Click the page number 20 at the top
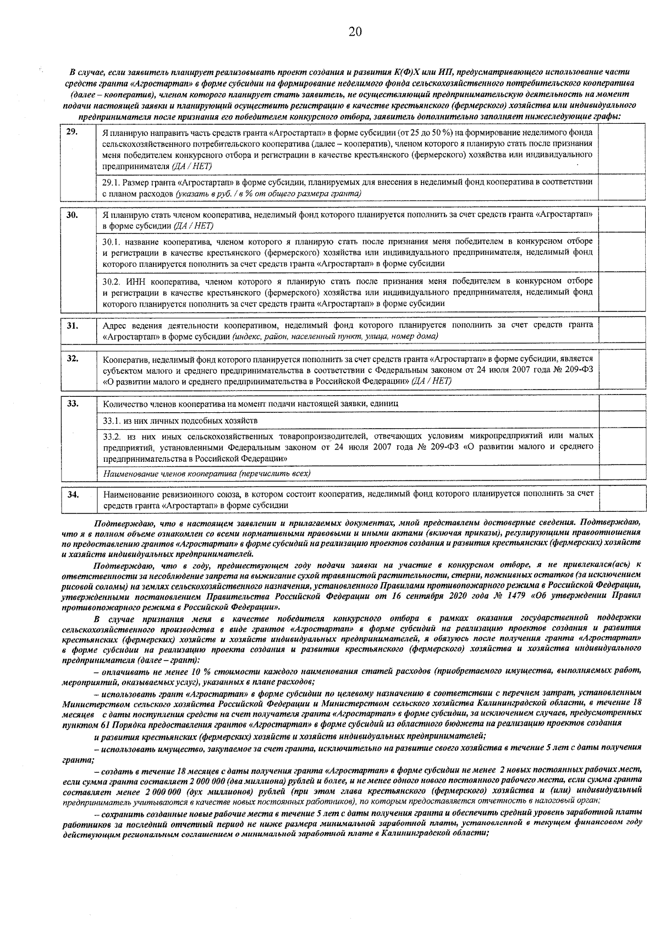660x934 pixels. point(355,31)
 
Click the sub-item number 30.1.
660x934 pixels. point(112,242)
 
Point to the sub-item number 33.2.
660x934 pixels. point(112,436)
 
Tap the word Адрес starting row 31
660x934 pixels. point(114,325)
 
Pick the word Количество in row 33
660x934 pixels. point(122,403)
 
